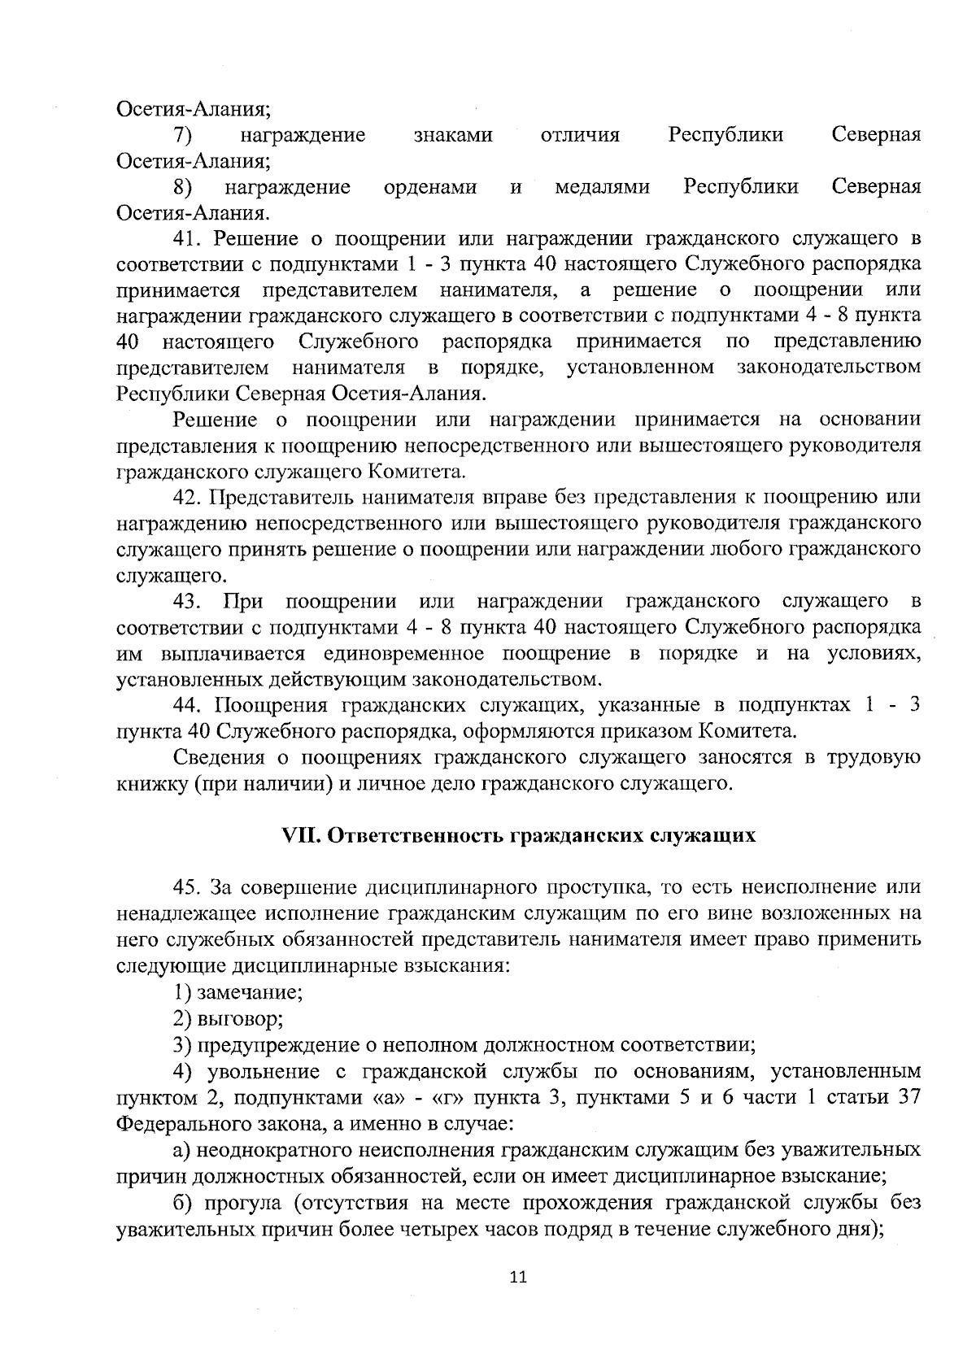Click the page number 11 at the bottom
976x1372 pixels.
point(518,1277)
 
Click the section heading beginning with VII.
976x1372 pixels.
point(518,835)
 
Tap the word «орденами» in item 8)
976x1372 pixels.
point(430,188)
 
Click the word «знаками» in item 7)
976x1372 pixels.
point(453,135)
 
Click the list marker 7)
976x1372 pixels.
point(182,135)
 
